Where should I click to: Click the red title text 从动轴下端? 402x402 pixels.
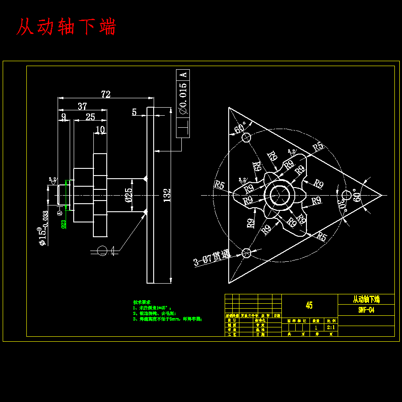click(66, 27)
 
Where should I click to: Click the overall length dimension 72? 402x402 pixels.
click(105, 94)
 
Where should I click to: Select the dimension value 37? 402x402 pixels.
click(82, 106)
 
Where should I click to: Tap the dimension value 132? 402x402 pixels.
click(167, 194)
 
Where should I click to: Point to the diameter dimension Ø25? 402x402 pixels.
click(129, 196)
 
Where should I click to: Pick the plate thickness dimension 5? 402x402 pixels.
click(134, 112)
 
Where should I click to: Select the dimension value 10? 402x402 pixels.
click(100, 130)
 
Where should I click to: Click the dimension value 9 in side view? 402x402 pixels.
click(63, 117)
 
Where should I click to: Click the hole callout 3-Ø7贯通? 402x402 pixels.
click(211, 258)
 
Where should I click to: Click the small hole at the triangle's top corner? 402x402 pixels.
click(246, 138)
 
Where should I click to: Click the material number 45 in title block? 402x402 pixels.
click(309, 306)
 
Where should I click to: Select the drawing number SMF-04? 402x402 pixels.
click(366, 310)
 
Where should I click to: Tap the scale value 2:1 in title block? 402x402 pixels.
click(331, 327)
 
